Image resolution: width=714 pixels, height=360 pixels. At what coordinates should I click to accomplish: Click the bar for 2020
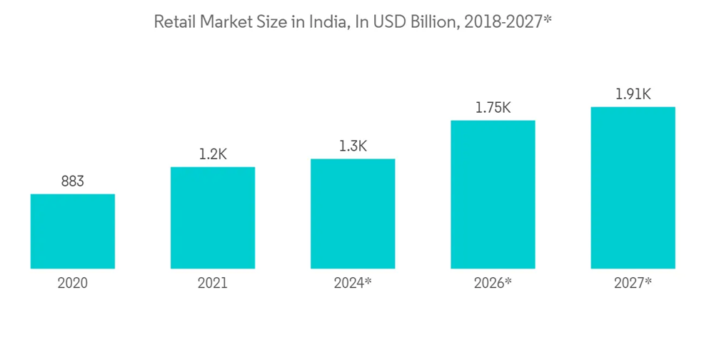point(72,231)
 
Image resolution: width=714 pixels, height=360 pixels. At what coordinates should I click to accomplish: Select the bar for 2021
point(213,218)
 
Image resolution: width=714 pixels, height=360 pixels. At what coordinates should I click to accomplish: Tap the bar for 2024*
point(353,214)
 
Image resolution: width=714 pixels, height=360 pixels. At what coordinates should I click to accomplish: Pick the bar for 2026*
point(493,194)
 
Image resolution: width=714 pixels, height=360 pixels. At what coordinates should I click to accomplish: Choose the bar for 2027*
point(633,188)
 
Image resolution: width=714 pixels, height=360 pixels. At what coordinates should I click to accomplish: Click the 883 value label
point(72,181)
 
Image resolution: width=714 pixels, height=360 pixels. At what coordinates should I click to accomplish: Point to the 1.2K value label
point(213,154)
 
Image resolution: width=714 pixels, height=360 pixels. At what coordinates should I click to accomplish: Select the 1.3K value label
point(353,146)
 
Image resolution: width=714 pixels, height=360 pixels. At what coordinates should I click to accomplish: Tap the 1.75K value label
point(493,108)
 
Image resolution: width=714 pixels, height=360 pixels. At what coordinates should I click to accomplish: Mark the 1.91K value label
point(633,94)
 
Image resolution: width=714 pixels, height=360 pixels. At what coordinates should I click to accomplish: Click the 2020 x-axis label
point(72,284)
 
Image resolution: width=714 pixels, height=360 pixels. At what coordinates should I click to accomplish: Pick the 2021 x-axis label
point(213,284)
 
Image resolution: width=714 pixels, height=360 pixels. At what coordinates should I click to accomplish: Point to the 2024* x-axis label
point(353,284)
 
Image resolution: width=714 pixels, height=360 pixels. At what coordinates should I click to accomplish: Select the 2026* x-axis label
point(493,284)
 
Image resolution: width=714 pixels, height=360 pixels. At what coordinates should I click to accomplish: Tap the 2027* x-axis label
point(633,284)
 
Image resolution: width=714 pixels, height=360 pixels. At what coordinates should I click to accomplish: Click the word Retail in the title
point(174,22)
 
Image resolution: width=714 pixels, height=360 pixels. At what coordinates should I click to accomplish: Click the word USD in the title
point(386,22)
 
